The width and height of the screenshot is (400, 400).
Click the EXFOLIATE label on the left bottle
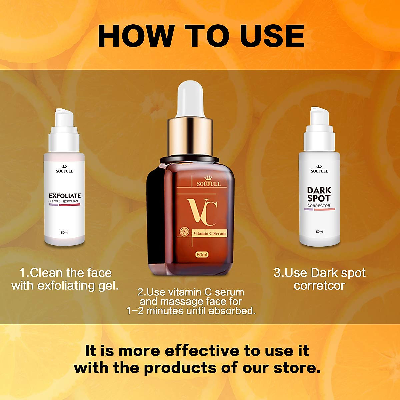tap(65, 196)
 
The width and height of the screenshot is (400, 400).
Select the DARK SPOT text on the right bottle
tap(319, 194)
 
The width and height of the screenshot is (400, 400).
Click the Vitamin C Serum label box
tap(209, 233)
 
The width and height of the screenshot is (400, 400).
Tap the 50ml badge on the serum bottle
tap(202, 255)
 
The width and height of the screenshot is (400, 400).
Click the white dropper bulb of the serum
tap(190, 99)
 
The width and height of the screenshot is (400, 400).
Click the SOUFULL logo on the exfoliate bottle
tap(65, 169)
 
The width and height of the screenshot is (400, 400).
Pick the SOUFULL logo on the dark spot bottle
tap(320, 169)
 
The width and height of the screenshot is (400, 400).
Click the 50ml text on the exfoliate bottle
tap(65, 233)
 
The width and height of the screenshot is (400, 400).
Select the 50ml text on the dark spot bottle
tap(319, 232)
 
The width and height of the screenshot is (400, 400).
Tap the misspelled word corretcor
tap(319, 286)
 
